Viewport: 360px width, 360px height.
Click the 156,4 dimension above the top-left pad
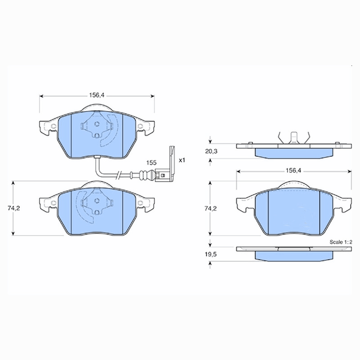[x=97, y=95]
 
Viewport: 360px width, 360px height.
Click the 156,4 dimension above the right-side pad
[x=293, y=171]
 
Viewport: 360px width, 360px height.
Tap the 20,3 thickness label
[x=211, y=152]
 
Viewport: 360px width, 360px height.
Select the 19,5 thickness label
[x=211, y=254]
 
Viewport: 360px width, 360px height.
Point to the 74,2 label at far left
[x=14, y=208]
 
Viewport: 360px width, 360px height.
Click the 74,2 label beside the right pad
[x=211, y=209]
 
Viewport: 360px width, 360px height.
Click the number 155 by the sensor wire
[x=151, y=163]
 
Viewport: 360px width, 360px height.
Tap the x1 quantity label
[x=182, y=160]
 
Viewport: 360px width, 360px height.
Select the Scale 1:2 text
[x=341, y=242]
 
